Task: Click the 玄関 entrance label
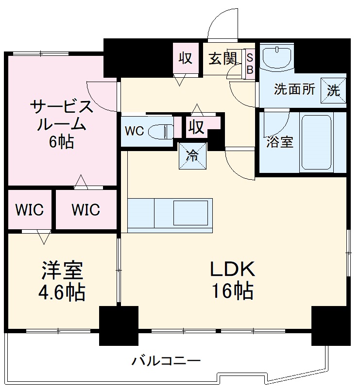(x=223, y=59)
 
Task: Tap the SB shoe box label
(x=250, y=64)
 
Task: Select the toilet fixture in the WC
(x=160, y=131)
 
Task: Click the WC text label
(x=134, y=132)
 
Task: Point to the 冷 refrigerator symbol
(x=193, y=156)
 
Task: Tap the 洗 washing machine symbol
(x=333, y=90)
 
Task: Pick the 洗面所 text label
(x=294, y=90)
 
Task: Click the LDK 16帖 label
(x=232, y=279)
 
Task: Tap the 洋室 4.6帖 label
(x=62, y=281)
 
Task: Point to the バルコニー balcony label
(x=166, y=361)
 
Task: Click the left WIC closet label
(x=29, y=210)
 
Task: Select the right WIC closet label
(x=86, y=210)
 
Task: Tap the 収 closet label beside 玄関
(x=186, y=58)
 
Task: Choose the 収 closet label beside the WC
(x=196, y=127)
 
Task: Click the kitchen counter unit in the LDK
(x=170, y=213)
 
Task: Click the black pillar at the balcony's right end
(x=330, y=325)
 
